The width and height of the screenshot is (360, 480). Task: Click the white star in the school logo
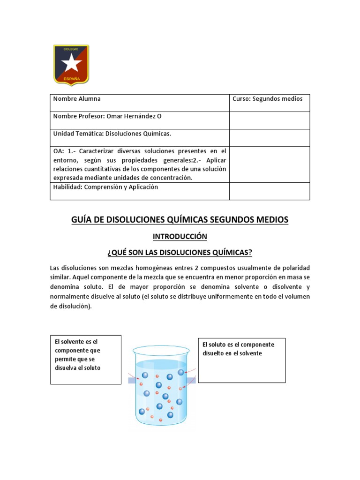71,63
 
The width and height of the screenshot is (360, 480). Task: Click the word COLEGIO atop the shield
71,48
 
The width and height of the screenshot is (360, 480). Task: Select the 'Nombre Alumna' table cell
77,99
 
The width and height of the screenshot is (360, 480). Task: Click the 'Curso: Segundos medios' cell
268,99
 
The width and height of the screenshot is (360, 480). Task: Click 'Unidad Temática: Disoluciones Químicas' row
112,134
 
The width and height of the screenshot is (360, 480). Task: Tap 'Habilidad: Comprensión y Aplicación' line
105,187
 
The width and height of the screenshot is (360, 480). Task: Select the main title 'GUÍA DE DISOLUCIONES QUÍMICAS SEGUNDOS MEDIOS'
180,219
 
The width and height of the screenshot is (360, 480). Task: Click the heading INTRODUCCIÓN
180,237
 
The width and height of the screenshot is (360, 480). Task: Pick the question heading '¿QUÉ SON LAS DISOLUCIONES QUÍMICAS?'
180,253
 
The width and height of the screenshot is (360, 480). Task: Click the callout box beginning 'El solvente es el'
86,359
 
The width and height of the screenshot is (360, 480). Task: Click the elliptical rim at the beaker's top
161,350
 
